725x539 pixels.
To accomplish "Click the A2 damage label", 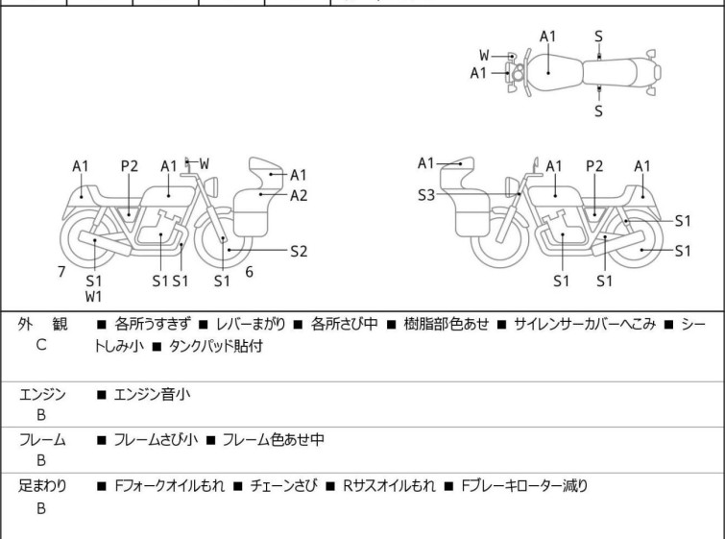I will coord(299,195).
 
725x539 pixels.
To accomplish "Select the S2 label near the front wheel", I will coord(299,251).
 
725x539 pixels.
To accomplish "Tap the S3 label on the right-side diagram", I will coord(426,195).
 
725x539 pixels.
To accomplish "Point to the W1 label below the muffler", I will coord(94,297).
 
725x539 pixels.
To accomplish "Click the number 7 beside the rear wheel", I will coord(61,272).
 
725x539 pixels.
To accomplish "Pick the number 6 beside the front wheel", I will coord(249,272).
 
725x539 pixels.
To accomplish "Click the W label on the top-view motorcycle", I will coord(484,55).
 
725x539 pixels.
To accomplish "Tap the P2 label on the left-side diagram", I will coord(130,166).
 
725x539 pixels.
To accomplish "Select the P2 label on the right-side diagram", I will coord(594,166).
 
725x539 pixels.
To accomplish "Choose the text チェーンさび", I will coord(286,486).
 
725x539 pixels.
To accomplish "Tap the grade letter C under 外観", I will coord(41,344).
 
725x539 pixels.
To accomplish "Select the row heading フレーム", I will coord(42,440).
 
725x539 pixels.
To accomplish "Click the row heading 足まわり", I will coord(42,486).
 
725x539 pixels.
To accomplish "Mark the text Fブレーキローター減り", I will coord(523,486).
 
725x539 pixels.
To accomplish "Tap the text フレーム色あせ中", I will coord(273,440).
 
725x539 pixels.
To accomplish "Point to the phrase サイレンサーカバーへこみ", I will coord(585,325).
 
